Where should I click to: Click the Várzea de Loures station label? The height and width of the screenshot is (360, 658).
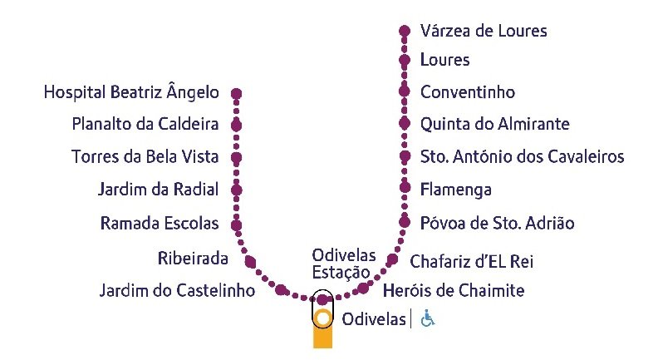pos(484,31)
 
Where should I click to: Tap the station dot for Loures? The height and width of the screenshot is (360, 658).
pos(405,61)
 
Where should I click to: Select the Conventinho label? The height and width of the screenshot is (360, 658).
pos(467,92)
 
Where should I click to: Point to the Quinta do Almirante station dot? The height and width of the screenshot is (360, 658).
pos(405,124)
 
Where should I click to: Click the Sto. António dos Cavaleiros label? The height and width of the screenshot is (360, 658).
pos(522,156)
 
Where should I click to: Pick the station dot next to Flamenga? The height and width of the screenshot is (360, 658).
pos(405,189)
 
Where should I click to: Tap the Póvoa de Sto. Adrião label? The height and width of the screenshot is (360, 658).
pos(497,223)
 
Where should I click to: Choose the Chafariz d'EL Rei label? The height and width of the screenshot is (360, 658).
pos(471,262)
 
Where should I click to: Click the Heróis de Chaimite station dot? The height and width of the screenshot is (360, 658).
pos(363,288)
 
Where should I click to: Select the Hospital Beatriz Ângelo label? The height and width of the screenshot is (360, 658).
pos(131,92)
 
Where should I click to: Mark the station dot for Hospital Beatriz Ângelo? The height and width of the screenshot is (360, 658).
pos(237,93)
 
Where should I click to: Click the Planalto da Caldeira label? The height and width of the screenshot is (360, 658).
pos(145,124)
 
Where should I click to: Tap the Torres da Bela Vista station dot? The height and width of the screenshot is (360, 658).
pos(237,157)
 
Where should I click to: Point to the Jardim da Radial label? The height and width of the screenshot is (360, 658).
pos(158,190)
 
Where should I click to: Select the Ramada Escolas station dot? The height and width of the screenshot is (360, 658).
pos(237,224)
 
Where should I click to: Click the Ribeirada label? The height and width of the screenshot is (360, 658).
pos(193,259)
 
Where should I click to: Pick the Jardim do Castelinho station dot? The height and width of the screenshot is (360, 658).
pos(282,290)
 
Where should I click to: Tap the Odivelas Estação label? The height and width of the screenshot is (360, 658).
pos(343,263)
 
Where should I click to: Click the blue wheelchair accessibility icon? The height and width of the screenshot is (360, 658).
pos(427,318)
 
